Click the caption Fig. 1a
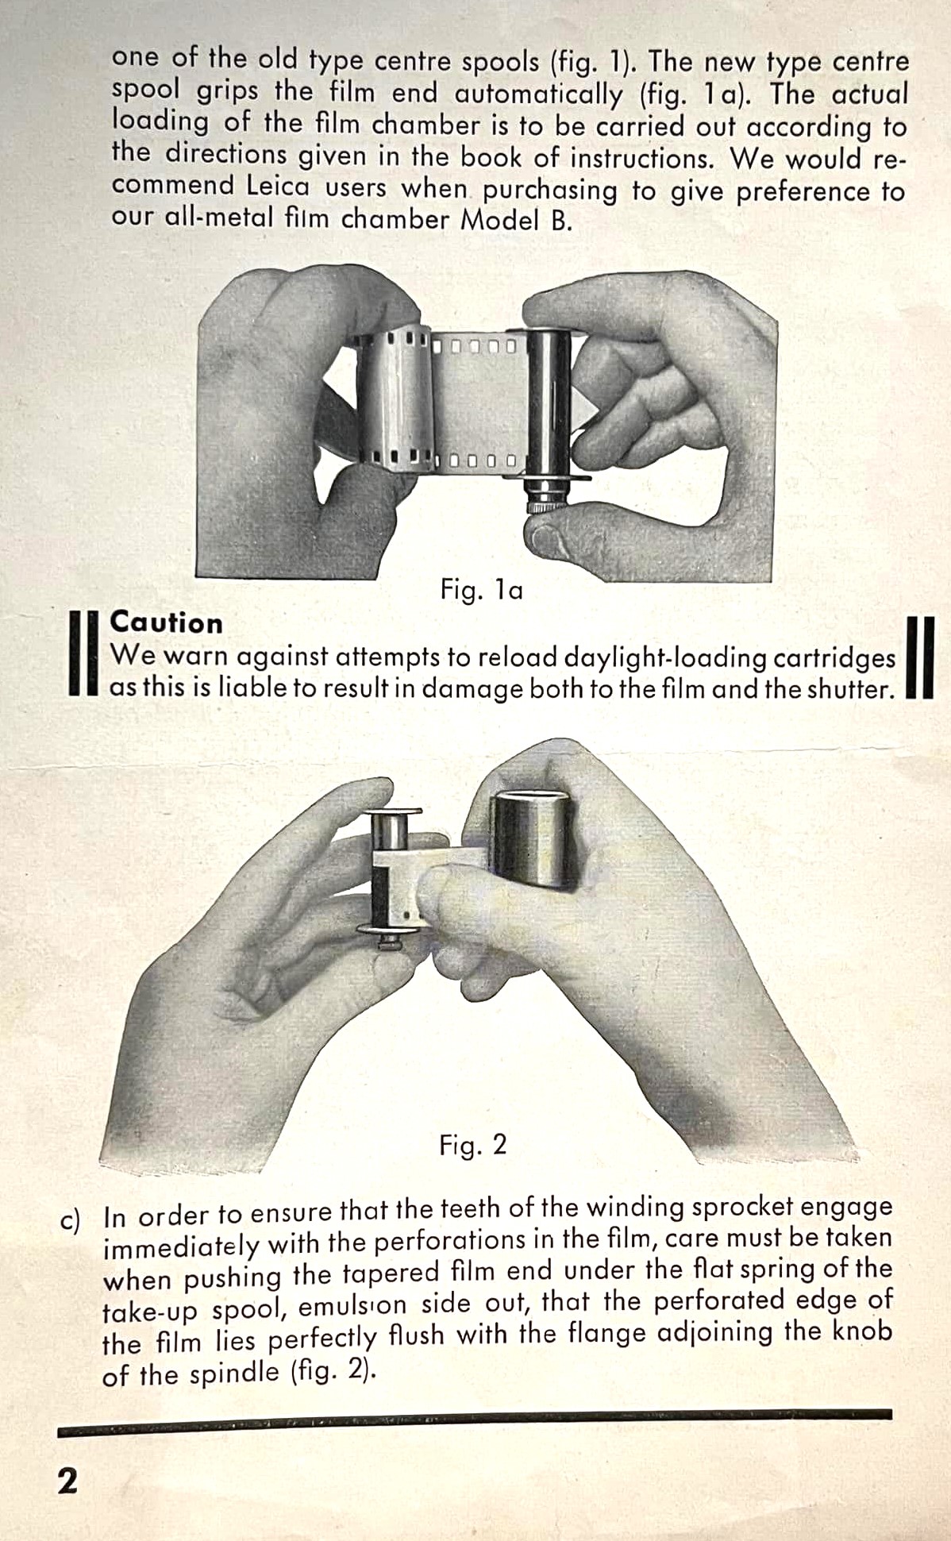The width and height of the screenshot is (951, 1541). [x=482, y=590]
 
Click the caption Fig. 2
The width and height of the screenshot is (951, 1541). [x=473, y=1145]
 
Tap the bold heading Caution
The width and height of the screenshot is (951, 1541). [x=166, y=622]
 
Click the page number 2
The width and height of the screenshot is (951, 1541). [x=68, y=1481]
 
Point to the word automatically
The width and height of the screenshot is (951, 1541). [x=539, y=94]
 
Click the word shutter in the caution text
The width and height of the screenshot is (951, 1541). [x=850, y=689]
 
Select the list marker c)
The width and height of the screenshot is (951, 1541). [x=71, y=1220]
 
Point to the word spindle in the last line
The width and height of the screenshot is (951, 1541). [x=234, y=1373]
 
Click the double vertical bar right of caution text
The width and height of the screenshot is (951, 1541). [x=919, y=657]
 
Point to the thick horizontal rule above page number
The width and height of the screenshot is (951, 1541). [x=475, y=1426]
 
